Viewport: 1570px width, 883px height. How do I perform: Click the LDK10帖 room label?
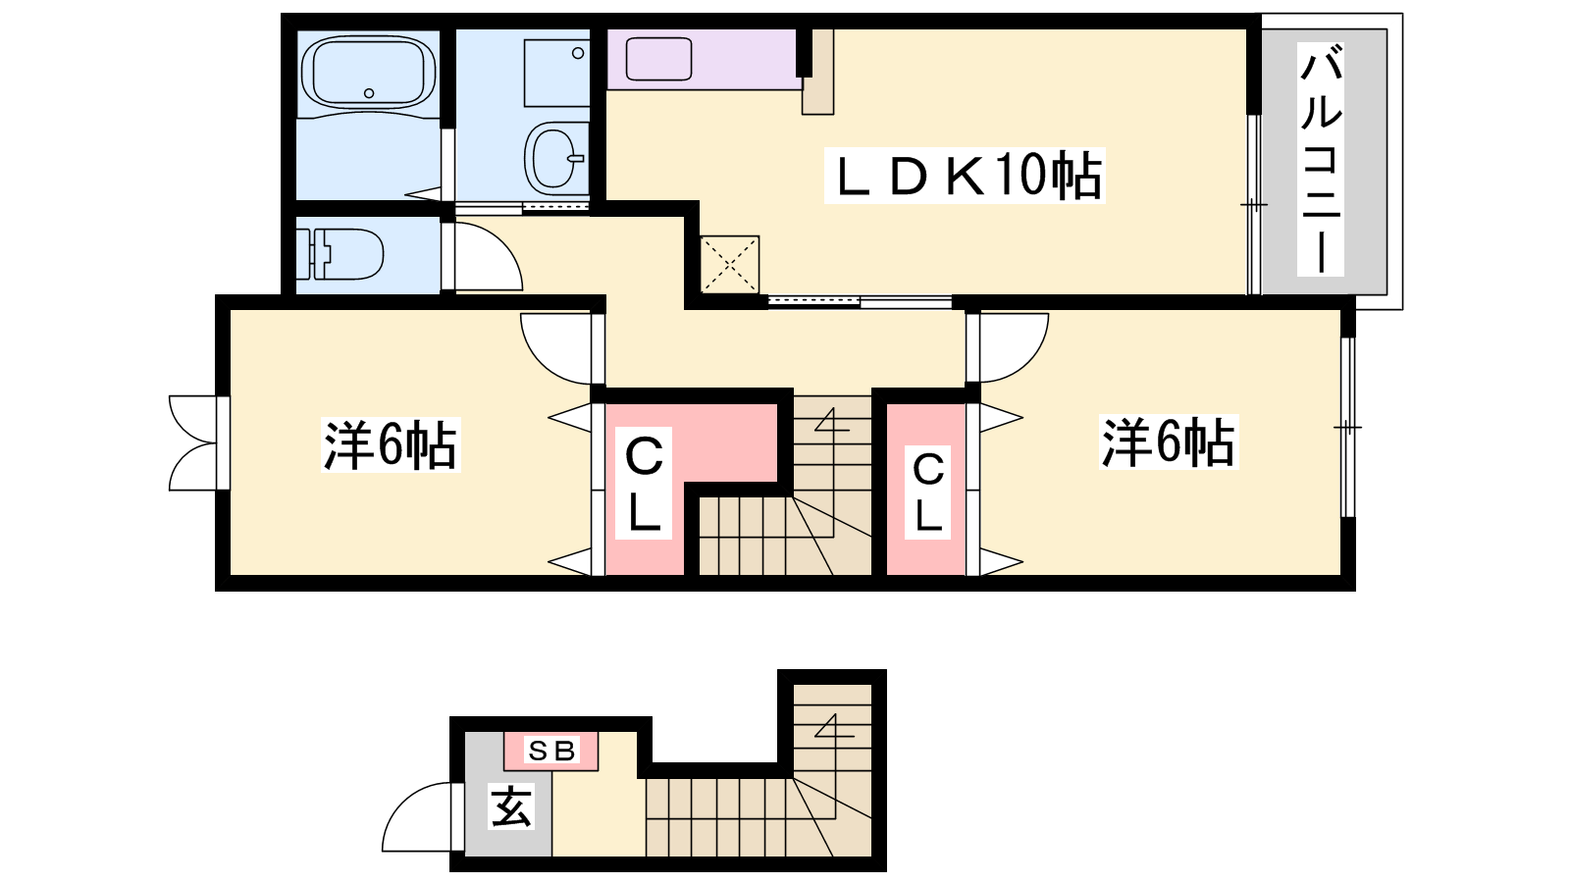click(965, 176)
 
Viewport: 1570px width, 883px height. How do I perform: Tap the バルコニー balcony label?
click(1321, 158)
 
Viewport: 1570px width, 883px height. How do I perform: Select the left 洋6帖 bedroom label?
click(391, 445)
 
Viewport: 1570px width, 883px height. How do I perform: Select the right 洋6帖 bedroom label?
click(1169, 442)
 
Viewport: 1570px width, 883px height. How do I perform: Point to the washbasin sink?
click(556, 157)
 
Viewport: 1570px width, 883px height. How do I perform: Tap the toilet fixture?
click(340, 254)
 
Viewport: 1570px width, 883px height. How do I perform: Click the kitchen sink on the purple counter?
click(658, 59)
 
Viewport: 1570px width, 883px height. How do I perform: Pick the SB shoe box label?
click(551, 752)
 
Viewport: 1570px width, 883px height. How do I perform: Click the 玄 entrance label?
click(511, 806)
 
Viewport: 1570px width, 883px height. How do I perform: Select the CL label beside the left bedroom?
click(644, 484)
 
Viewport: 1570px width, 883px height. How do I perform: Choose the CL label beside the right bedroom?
click(928, 493)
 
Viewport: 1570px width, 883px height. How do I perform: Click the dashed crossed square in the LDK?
click(730, 264)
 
